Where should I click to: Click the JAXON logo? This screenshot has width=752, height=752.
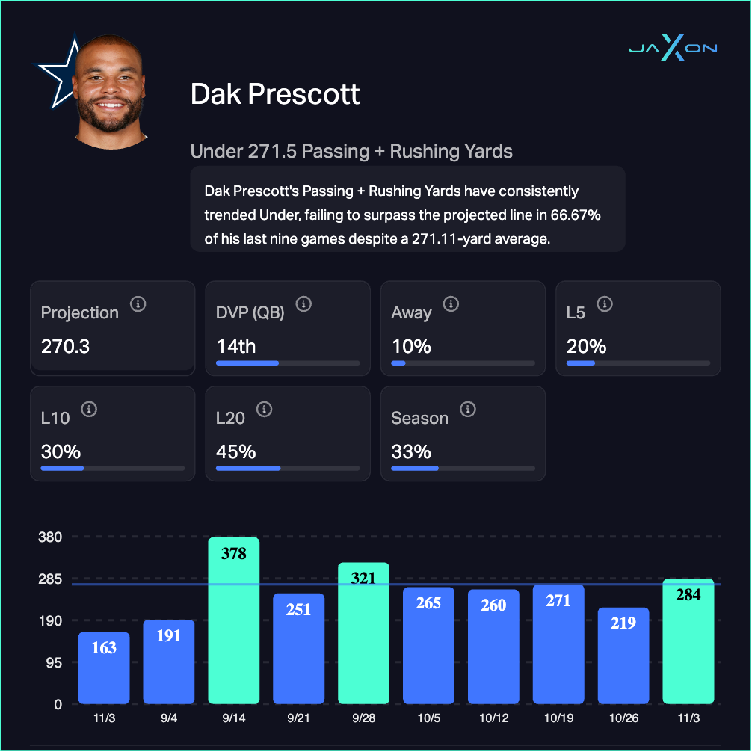[672, 49]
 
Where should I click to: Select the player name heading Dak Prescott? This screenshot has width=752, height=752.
[275, 95]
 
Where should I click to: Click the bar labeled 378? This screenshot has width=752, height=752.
[234, 620]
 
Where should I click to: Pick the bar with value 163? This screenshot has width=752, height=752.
[104, 668]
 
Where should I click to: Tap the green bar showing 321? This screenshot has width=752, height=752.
[363, 633]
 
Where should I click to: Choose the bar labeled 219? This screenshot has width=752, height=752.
[623, 656]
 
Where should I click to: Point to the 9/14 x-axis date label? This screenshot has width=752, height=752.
[234, 718]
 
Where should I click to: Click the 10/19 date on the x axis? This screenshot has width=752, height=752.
[558, 718]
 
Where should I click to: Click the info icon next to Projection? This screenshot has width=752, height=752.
[138, 304]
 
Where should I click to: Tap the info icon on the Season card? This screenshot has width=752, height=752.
[468, 410]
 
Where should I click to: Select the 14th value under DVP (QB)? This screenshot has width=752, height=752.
[236, 347]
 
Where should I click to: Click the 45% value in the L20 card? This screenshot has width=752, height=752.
[236, 451]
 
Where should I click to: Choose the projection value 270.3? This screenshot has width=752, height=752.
[66, 347]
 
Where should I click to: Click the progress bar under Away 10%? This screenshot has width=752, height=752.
[463, 363]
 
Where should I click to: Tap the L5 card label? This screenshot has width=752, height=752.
[576, 312]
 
